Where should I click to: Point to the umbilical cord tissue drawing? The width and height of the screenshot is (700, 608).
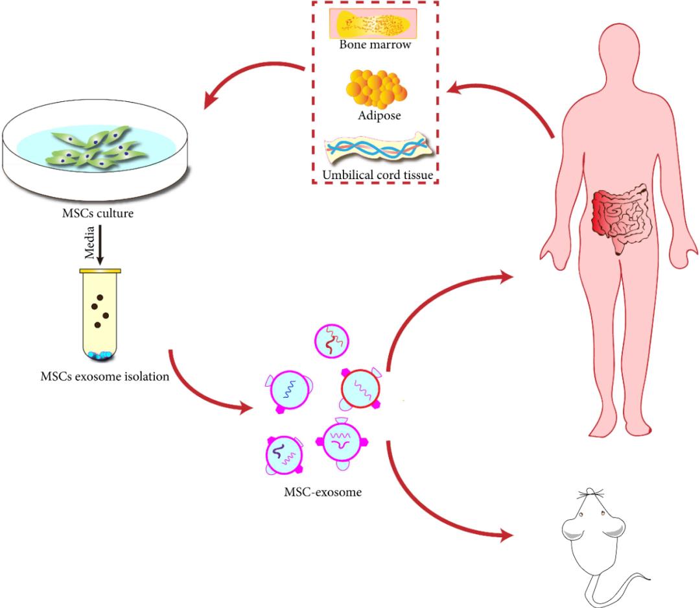coord(375,149)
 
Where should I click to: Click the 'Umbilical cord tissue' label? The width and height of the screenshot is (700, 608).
coord(376,175)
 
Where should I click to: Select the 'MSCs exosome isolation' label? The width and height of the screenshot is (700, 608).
coord(103,376)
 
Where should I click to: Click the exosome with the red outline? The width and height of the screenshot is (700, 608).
coord(360,389)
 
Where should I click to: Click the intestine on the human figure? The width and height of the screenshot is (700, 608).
coord(619,217)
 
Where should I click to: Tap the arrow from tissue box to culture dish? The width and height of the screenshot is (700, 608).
coord(253,78)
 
